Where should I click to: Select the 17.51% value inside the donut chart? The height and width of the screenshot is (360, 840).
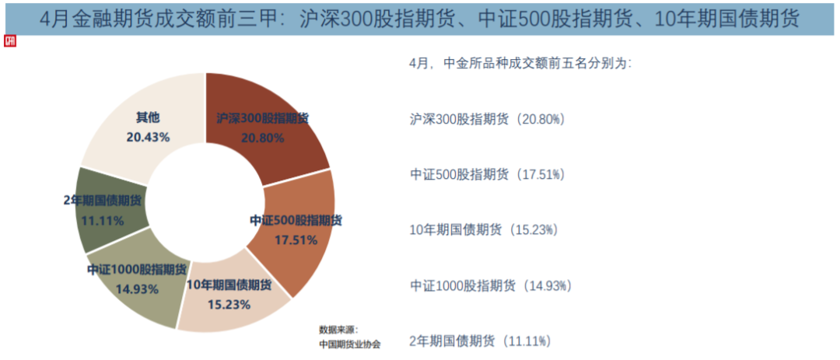coord(296,240)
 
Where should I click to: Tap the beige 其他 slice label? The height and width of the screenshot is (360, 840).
coord(148,117)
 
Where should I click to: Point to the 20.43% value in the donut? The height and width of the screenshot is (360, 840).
coord(148,136)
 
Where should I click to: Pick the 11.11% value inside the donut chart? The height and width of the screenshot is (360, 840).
coord(103,220)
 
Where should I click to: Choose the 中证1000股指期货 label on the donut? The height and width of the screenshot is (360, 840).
coord(137,270)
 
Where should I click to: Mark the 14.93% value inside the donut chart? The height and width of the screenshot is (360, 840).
coord(137,288)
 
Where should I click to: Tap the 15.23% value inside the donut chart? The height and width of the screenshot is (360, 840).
coord(229,304)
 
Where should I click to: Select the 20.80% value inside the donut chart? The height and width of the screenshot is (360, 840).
coord(263,137)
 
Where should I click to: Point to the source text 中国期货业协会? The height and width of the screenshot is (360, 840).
coord(345,343)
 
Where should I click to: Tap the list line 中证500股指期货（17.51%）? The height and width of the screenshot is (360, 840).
coord(486,174)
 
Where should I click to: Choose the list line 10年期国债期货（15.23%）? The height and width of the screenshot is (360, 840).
coord(483,229)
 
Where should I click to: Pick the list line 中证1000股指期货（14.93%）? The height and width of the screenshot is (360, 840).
coord(490,285)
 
